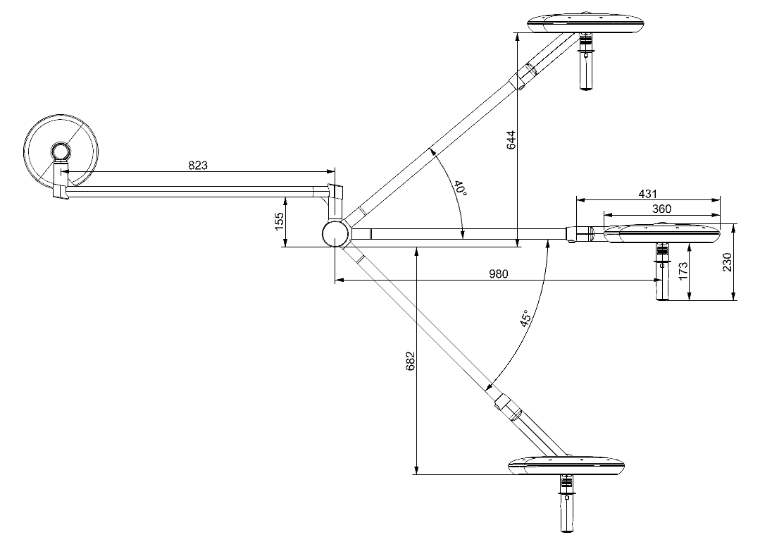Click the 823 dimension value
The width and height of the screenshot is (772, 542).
pyautogui.click(x=198, y=166)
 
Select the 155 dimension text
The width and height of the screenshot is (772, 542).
pyautogui.click(x=278, y=221)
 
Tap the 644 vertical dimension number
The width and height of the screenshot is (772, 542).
pyautogui.click(x=512, y=140)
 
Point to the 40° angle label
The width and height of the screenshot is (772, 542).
pyautogui.click(x=459, y=189)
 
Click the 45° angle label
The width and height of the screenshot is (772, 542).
pyautogui.click(x=525, y=319)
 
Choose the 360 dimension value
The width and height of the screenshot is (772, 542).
pyautogui.click(x=661, y=209)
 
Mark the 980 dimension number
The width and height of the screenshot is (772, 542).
pyautogui.click(x=498, y=274)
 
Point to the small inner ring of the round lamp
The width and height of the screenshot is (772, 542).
pyautogui.click(x=60, y=151)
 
